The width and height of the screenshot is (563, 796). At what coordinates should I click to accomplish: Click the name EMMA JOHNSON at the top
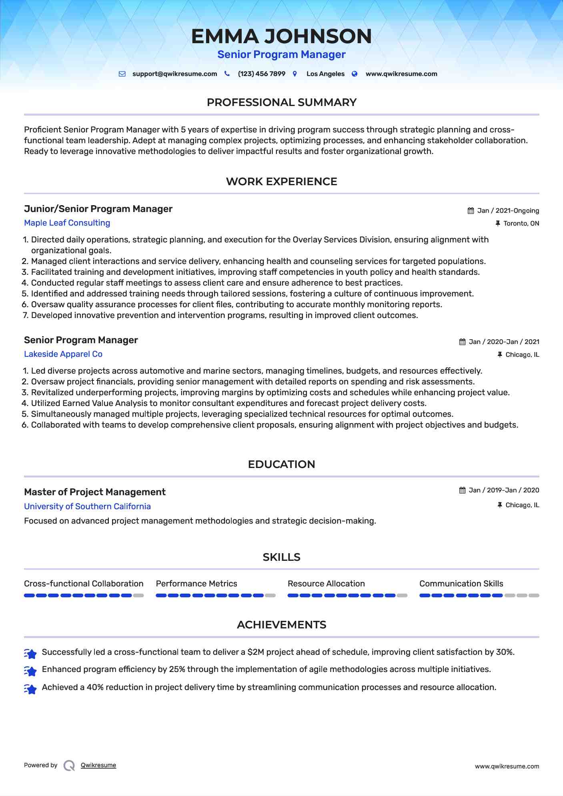coord(281,36)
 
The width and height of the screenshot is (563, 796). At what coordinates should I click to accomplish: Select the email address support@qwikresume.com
coord(174,74)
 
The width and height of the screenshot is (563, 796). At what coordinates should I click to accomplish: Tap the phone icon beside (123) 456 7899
coord(227,74)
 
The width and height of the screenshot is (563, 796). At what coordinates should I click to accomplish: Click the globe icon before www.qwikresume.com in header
coord(355,74)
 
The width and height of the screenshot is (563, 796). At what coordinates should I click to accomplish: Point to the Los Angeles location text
coord(325,74)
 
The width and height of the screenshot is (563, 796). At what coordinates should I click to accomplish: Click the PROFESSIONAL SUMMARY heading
coord(281,102)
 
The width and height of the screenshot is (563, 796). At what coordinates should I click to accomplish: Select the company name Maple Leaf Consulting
coord(67,223)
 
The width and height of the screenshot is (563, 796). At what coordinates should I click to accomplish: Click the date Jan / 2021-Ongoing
coord(508,211)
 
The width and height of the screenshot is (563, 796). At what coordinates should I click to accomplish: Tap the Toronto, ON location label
coord(521,224)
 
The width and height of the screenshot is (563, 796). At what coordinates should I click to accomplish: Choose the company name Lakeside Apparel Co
coord(63,354)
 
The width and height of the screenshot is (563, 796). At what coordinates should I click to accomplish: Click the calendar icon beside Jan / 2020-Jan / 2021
coord(462,342)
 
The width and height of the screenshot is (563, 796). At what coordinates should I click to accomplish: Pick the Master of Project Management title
coord(95,492)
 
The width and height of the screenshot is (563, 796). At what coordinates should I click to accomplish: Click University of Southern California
coord(87,506)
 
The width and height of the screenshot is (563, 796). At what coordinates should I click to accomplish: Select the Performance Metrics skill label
coord(196,584)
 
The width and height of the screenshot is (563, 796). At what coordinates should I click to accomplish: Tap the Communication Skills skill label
coord(461,584)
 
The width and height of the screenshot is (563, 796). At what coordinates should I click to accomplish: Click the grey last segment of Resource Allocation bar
coord(402,596)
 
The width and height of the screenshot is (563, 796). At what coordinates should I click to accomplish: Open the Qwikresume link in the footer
coord(98,765)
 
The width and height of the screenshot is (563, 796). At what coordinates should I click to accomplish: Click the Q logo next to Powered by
coord(69,766)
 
